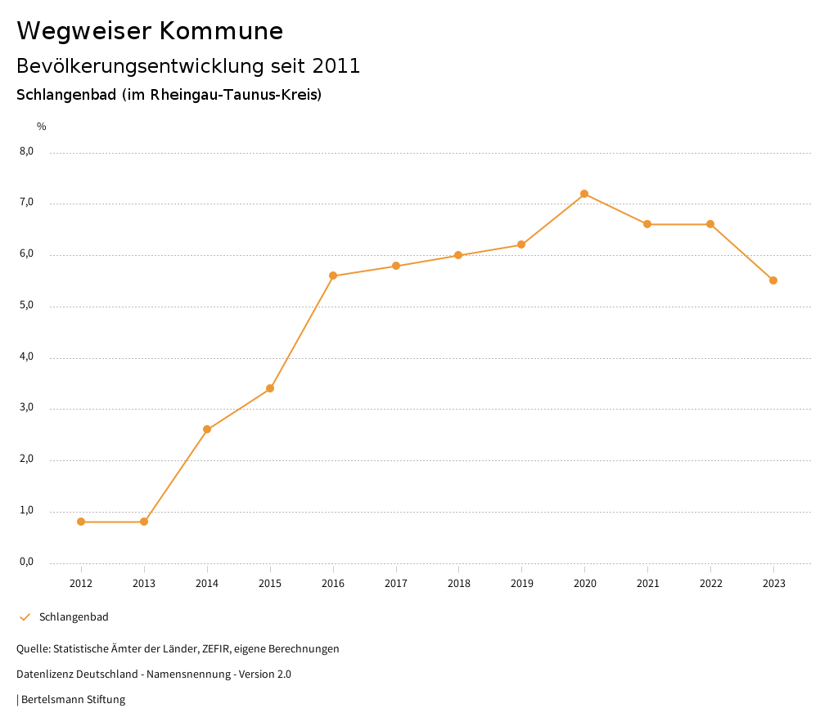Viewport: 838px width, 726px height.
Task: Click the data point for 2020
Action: point(584,194)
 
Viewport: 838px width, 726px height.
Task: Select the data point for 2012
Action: point(81,522)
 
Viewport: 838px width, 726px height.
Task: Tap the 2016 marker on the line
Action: point(333,276)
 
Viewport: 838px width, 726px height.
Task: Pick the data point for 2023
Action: point(773,280)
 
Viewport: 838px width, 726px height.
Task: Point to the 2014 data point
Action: point(207,429)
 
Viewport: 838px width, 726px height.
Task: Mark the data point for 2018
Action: point(458,255)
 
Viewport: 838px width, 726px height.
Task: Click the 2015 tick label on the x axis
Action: point(270,583)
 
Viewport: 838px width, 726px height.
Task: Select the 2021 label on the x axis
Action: point(647,583)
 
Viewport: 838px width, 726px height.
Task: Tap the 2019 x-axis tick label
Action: point(521,583)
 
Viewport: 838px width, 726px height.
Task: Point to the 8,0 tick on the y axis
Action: point(26,151)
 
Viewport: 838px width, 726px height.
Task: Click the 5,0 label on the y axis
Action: point(26,305)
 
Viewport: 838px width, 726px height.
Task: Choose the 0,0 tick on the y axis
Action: point(26,562)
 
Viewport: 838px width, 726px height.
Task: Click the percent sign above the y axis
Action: point(42,126)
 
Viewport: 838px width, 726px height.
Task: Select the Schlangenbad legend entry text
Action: point(74,617)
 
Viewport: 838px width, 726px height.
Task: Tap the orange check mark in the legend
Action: point(25,617)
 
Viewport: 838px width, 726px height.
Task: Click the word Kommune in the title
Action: point(221,31)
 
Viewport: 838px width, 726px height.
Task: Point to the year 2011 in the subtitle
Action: point(336,66)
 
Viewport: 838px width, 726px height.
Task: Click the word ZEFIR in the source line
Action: point(214,649)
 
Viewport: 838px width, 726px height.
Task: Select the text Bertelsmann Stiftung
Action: point(73,700)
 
